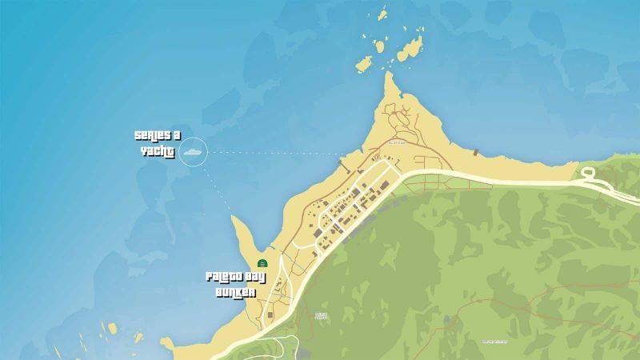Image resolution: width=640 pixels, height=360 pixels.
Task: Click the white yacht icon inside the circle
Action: coord(193,150)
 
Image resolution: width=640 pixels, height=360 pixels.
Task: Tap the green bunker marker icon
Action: coord(262,263)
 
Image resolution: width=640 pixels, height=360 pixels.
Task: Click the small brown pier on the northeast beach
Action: coord(477,151)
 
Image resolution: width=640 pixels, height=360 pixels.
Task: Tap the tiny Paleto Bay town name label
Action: coord(398,142)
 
